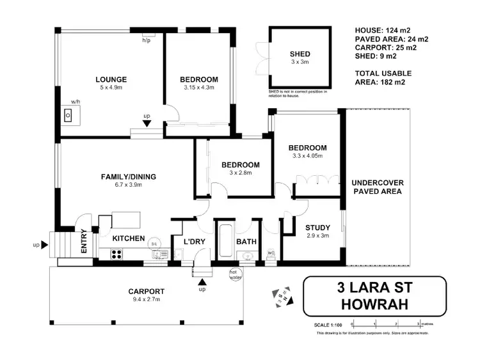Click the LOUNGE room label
(111, 79)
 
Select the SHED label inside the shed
(300, 54)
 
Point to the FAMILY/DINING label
(129, 176)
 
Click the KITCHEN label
(129, 238)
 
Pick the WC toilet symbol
(270, 254)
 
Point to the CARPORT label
(146, 290)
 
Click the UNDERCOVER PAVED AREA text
(378, 191)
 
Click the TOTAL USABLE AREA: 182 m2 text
(383, 77)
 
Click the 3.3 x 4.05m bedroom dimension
(307, 155)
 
